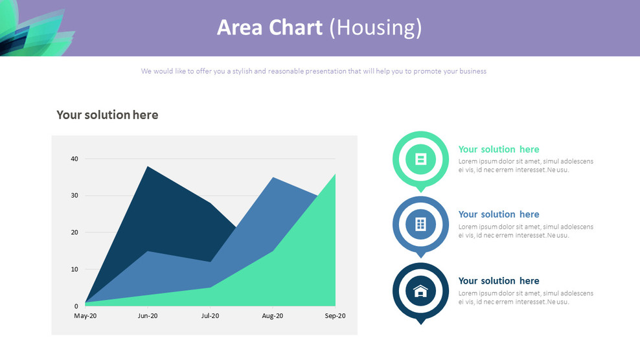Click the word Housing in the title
click(x=376, y=28)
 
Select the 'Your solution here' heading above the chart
click(x=107, y=115)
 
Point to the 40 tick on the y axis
click(x=74, y=159)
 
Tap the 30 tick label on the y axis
click(x=74, y=196)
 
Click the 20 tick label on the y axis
click(x=74, y=232)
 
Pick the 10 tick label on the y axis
click(x=74, y=269)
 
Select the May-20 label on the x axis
click(x=85, y=316)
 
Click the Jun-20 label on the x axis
click(x=148, y=316)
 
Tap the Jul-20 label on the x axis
click(x=210, y=316)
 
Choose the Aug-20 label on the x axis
click(x=273, y=316)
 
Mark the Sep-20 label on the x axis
click(x=335, y=316)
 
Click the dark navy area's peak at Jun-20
click(x=148, y=168)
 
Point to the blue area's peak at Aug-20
click(x=273, y=178)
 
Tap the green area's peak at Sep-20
click(x=334, y=175)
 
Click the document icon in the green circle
click(x=420, y=159)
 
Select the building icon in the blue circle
click(x=420, y=224)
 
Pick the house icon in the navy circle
click(x=420, y=291)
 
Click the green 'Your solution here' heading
click(x=498, y=150)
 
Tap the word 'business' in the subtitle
click(x=464, y=71)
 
